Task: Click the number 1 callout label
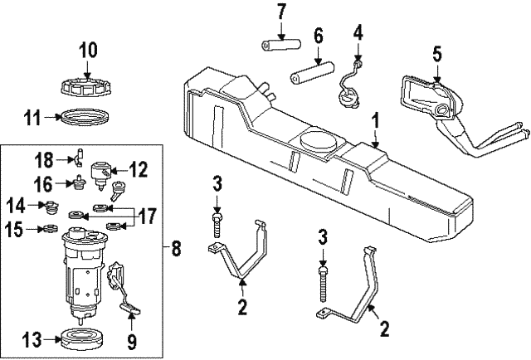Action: pyautogui.click(x=375, y=120)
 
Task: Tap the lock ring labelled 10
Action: pyautogui.click(x=87, y=85)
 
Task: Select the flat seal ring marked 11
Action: pyautogui.click(x=87, y=117)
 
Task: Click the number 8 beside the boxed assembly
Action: pyautogui.click(x=174, y=246)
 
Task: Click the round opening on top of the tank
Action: pyautogui.click(x=316, y=139)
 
